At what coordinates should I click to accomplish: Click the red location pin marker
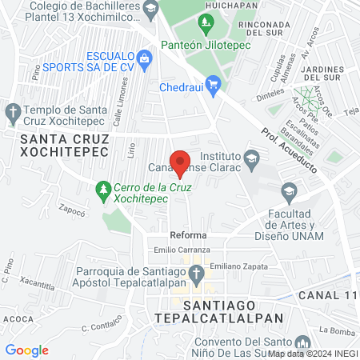point(181,163)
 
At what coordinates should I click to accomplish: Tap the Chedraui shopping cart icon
point(213,84)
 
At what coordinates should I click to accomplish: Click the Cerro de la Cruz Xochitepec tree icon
point(102,190)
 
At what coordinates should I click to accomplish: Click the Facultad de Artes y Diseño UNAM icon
point(288,190)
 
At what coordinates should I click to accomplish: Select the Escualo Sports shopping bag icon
point(145,58)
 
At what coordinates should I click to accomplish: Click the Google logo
point(26,350)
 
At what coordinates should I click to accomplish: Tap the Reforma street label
point(188,235)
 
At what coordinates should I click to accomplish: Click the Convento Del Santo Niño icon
point(301,341)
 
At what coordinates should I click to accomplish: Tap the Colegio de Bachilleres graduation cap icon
point(150,9)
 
